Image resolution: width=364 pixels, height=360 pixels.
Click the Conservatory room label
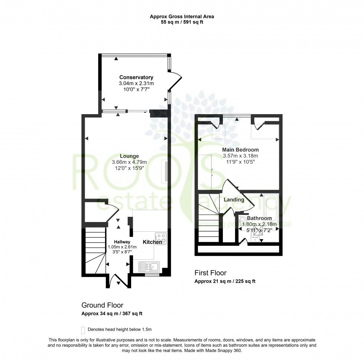pos(136,77)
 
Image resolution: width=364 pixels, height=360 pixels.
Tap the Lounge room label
pos(129,156)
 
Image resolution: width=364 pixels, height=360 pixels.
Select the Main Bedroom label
pos(240,150)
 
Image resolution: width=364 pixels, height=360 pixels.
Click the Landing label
pos(234,200)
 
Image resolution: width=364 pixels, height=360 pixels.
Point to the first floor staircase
pos(209,219)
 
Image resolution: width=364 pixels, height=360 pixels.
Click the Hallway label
pos(122,242)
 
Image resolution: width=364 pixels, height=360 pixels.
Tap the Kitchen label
pos(153,242)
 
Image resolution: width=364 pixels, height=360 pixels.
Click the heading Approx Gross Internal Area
pos(182,16)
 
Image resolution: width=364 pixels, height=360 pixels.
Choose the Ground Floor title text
pos(102,305)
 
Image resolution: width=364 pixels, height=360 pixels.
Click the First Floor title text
pos(210,273)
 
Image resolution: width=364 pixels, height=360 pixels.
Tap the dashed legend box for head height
pos(82,330)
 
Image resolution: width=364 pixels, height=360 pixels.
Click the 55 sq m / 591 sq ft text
pos(182,22)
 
